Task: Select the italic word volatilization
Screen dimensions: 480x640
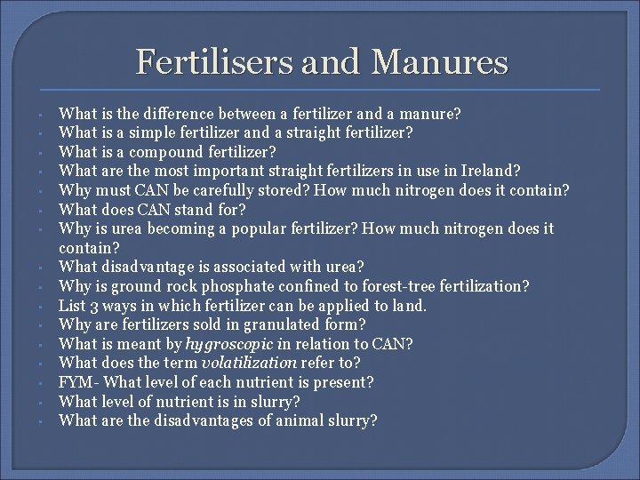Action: click(250, 363)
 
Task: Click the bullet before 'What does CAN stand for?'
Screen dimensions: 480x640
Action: click(42, 210)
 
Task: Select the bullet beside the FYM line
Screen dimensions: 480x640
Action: click(42, 383)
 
